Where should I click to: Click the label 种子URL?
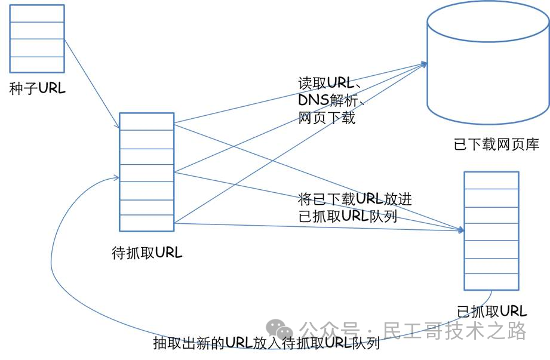(37, 89)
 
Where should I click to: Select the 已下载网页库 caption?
(496, 144)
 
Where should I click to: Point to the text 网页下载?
(327, 118)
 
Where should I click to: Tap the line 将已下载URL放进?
(355, 199)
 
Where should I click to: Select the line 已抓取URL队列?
(348, 216)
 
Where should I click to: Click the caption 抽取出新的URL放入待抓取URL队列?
(266, 343)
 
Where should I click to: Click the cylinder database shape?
(487, 66)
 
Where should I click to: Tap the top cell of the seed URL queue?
(37, 13)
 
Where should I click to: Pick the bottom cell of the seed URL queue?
(37, 65)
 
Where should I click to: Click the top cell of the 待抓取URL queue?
(146, 121)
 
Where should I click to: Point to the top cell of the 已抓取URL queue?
(491, 180)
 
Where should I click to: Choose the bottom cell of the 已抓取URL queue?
(491, 282)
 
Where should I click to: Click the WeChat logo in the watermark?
(280, 328)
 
